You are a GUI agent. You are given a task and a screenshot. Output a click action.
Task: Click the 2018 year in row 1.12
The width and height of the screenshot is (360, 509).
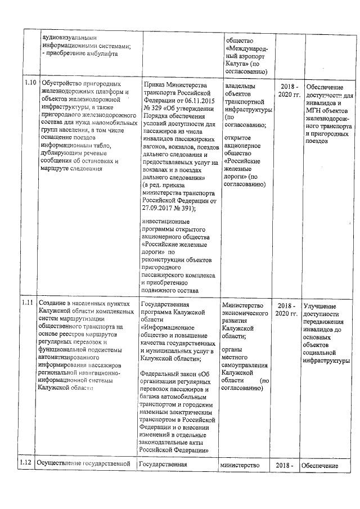pyautogui.click(x=285, y=465)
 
